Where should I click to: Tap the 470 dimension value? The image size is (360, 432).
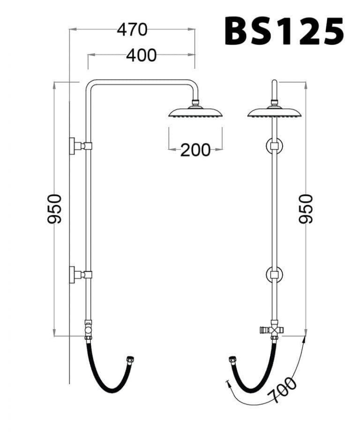[132, 30]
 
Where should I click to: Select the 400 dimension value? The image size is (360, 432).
[141, 55]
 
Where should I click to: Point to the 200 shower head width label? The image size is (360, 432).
[195, 150]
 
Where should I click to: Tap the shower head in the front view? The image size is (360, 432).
[274, 111]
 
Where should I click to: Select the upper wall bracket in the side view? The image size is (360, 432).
[80, 146]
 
